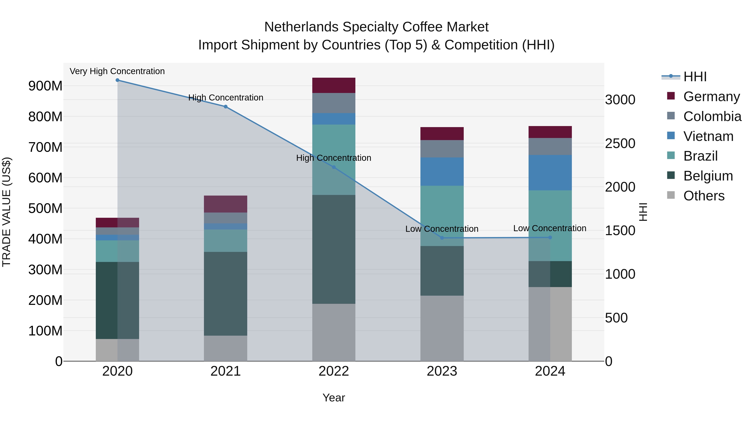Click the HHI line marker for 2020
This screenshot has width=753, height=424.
[x=118, y=80]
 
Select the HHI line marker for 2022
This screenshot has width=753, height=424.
[x=334, y=167]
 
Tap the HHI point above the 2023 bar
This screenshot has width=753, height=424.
[x=442, y=238]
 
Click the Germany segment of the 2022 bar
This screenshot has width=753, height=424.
[x=334, y=85]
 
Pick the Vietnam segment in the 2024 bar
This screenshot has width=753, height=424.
[x=550, y=173]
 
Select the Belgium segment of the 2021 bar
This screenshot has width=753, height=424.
[x=226, y=294]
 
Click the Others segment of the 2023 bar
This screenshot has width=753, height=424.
[x=442, y=328]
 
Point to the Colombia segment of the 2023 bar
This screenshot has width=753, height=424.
[x=442, y=149]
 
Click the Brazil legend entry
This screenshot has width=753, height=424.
[x=700, y=156]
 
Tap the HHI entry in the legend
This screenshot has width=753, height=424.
[x=695, y=77]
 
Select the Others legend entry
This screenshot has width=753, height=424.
[x=704, y=196]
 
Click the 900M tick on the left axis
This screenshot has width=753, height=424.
[x=45, y=86]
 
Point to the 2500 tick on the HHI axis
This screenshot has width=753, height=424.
[x=620, y=143]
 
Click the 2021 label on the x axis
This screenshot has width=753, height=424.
[x=226, y=371]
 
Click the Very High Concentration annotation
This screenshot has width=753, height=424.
[x=117, y=71]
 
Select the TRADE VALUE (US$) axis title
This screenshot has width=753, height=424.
[x=7, y=212]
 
